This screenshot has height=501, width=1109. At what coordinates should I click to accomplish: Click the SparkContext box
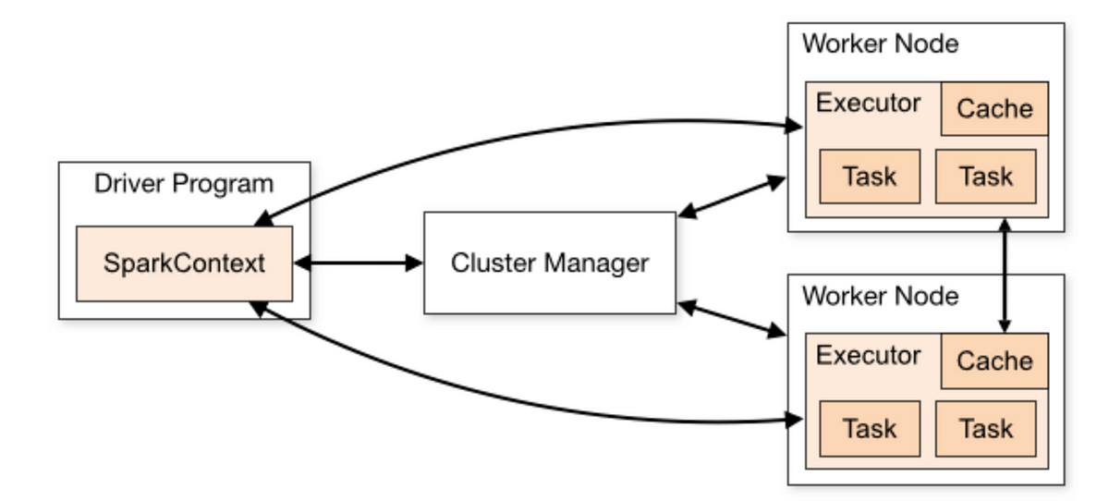pos(184,263)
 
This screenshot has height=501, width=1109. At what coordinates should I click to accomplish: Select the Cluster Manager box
pos(550,263)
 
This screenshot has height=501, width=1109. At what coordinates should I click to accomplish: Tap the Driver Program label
pos(184,184)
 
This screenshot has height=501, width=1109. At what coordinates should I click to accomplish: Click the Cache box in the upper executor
pos(994,108)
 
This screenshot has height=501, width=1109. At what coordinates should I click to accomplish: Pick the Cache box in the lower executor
pos(994,360)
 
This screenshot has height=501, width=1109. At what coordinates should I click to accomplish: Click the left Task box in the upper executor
pos(870,177)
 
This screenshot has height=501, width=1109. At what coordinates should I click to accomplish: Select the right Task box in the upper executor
pos(986,177)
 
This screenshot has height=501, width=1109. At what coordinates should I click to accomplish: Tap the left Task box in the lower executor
pos(870,429)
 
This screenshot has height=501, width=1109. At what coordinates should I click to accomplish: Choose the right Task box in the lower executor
pos(986,429)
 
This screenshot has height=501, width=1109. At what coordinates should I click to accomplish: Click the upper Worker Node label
pos(880,43)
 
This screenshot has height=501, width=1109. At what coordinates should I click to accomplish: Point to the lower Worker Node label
pos(880,296)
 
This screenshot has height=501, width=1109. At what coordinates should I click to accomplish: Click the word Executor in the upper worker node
pos(869,103)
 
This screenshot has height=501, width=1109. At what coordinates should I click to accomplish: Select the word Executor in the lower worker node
pos(869,356)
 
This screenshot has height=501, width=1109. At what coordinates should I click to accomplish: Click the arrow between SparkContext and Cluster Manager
pos(359,263)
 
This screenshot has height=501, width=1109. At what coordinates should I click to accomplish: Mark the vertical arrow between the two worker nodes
pos(1005,275)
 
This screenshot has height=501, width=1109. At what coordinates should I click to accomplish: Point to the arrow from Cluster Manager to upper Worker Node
pos(732,196)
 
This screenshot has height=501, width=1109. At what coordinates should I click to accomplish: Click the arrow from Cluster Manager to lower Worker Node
pos(732,318)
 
